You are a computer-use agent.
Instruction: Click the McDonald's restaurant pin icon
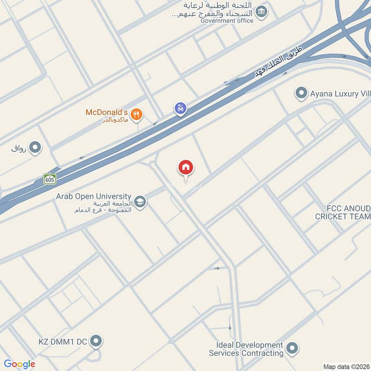[x=136, y=114]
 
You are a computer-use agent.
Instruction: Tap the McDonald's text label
[x=106, y=112]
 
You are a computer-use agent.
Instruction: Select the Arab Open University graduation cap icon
[x=140, y=202]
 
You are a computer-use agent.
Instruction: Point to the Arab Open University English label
[x=93, y=197]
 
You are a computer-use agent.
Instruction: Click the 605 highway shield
[x=50, y=179]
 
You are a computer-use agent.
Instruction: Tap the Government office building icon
[x=262, y=11]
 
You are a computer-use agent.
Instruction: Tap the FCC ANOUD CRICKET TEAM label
[x=343, y=213]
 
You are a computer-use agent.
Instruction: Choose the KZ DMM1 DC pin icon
[x=96, y=342]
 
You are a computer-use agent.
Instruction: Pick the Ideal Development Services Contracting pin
[x=292, y=348]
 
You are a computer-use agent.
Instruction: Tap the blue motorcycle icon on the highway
[x=180, y=109]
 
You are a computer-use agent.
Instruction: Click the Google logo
[x=19, y=364]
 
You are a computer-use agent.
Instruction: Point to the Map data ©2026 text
[x=346, y=367]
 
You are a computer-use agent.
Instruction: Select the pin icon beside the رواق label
[x=35, y=148]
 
